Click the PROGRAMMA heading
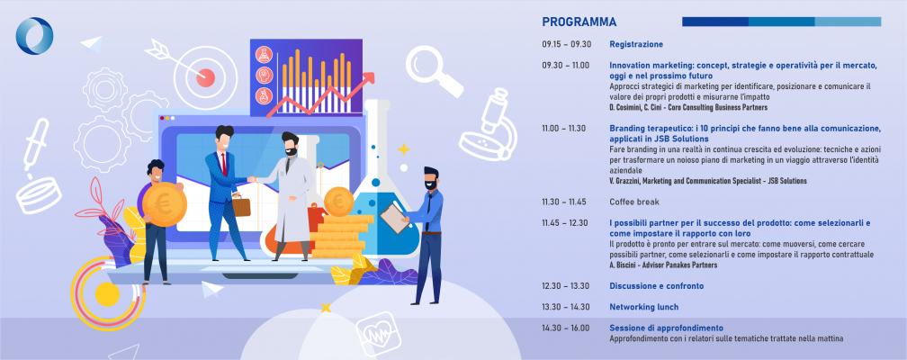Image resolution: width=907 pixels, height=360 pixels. click(579, 22)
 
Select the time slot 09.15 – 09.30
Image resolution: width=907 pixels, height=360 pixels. click(567, 44)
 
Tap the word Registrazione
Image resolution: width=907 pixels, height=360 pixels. click(636, 44)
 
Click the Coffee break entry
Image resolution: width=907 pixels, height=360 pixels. click(634, 202)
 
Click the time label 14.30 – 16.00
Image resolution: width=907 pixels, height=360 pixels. click(566, 328)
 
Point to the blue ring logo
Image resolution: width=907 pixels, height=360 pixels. click(34, 36)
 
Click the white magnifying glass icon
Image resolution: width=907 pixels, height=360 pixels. click(434, 70)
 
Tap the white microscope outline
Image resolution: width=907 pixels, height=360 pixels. click(488, 123)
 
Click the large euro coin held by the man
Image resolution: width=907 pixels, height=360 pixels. click(165, 203)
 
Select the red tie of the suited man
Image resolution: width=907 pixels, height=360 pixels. click(223, 165)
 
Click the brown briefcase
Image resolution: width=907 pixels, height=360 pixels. click(241, 204)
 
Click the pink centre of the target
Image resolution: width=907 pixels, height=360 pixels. click(205, 77)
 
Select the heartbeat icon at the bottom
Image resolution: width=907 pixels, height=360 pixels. click(378, 334)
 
